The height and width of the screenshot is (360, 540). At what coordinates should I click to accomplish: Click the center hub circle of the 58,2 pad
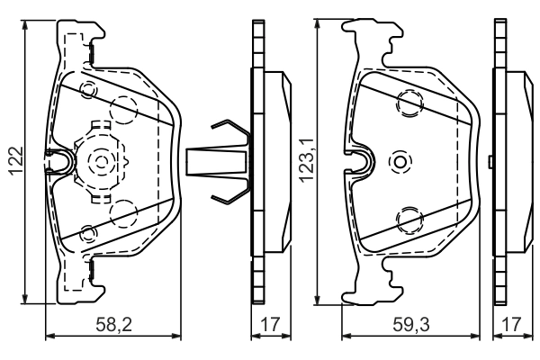[x=99, y=163]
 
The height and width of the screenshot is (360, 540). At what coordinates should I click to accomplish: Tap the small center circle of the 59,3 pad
[x=400, y=162]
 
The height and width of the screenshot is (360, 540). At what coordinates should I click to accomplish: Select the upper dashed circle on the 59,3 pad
[x=409, y=103]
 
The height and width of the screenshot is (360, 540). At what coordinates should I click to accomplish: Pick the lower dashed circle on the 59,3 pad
[x=409, y=218]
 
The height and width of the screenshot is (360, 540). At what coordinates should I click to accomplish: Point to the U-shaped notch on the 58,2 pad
[x=59, y=163]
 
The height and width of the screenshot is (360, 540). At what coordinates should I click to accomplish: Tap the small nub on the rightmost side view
[x=490, y=162]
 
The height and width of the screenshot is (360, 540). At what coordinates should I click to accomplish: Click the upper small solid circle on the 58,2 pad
[x=88, y=91]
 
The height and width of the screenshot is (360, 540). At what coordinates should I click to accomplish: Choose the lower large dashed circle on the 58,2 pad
[x=121, y=214]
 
